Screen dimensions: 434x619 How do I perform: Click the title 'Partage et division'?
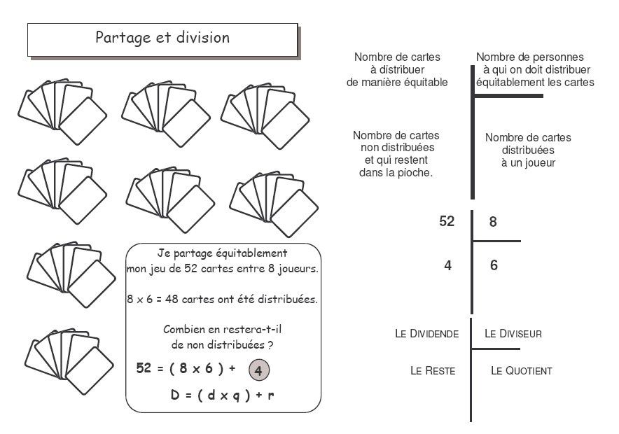coord(162,38)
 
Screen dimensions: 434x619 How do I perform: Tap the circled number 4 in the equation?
coord(258,371)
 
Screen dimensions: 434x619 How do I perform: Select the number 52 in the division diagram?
coord(447,222)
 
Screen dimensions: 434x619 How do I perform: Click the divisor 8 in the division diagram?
coord(493,223)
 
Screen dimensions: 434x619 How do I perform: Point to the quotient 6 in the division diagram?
coord(494,266)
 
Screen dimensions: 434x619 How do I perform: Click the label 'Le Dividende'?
coord(427,334)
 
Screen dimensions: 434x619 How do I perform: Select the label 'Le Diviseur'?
coord(513,334)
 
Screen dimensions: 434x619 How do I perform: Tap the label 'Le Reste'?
coord(433,370)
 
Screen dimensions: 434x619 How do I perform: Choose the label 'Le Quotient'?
coord(521,370)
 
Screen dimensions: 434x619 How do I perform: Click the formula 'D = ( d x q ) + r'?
coord(222,395)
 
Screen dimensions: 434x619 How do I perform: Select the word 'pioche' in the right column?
coord(416,173)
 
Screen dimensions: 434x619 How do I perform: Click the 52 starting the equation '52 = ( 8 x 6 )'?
coord(144,370)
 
